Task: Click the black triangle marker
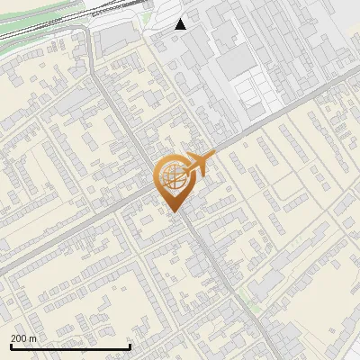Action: (x=181, y=24)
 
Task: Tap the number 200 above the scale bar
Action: (x=19, y=338)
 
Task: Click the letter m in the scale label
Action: (x=33, y=338)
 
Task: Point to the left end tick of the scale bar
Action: (x=11, y=346)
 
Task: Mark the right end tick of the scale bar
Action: (x=130, y=346)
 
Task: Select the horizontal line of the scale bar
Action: (x=70, y=347)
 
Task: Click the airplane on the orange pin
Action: (x=199, y=165)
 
